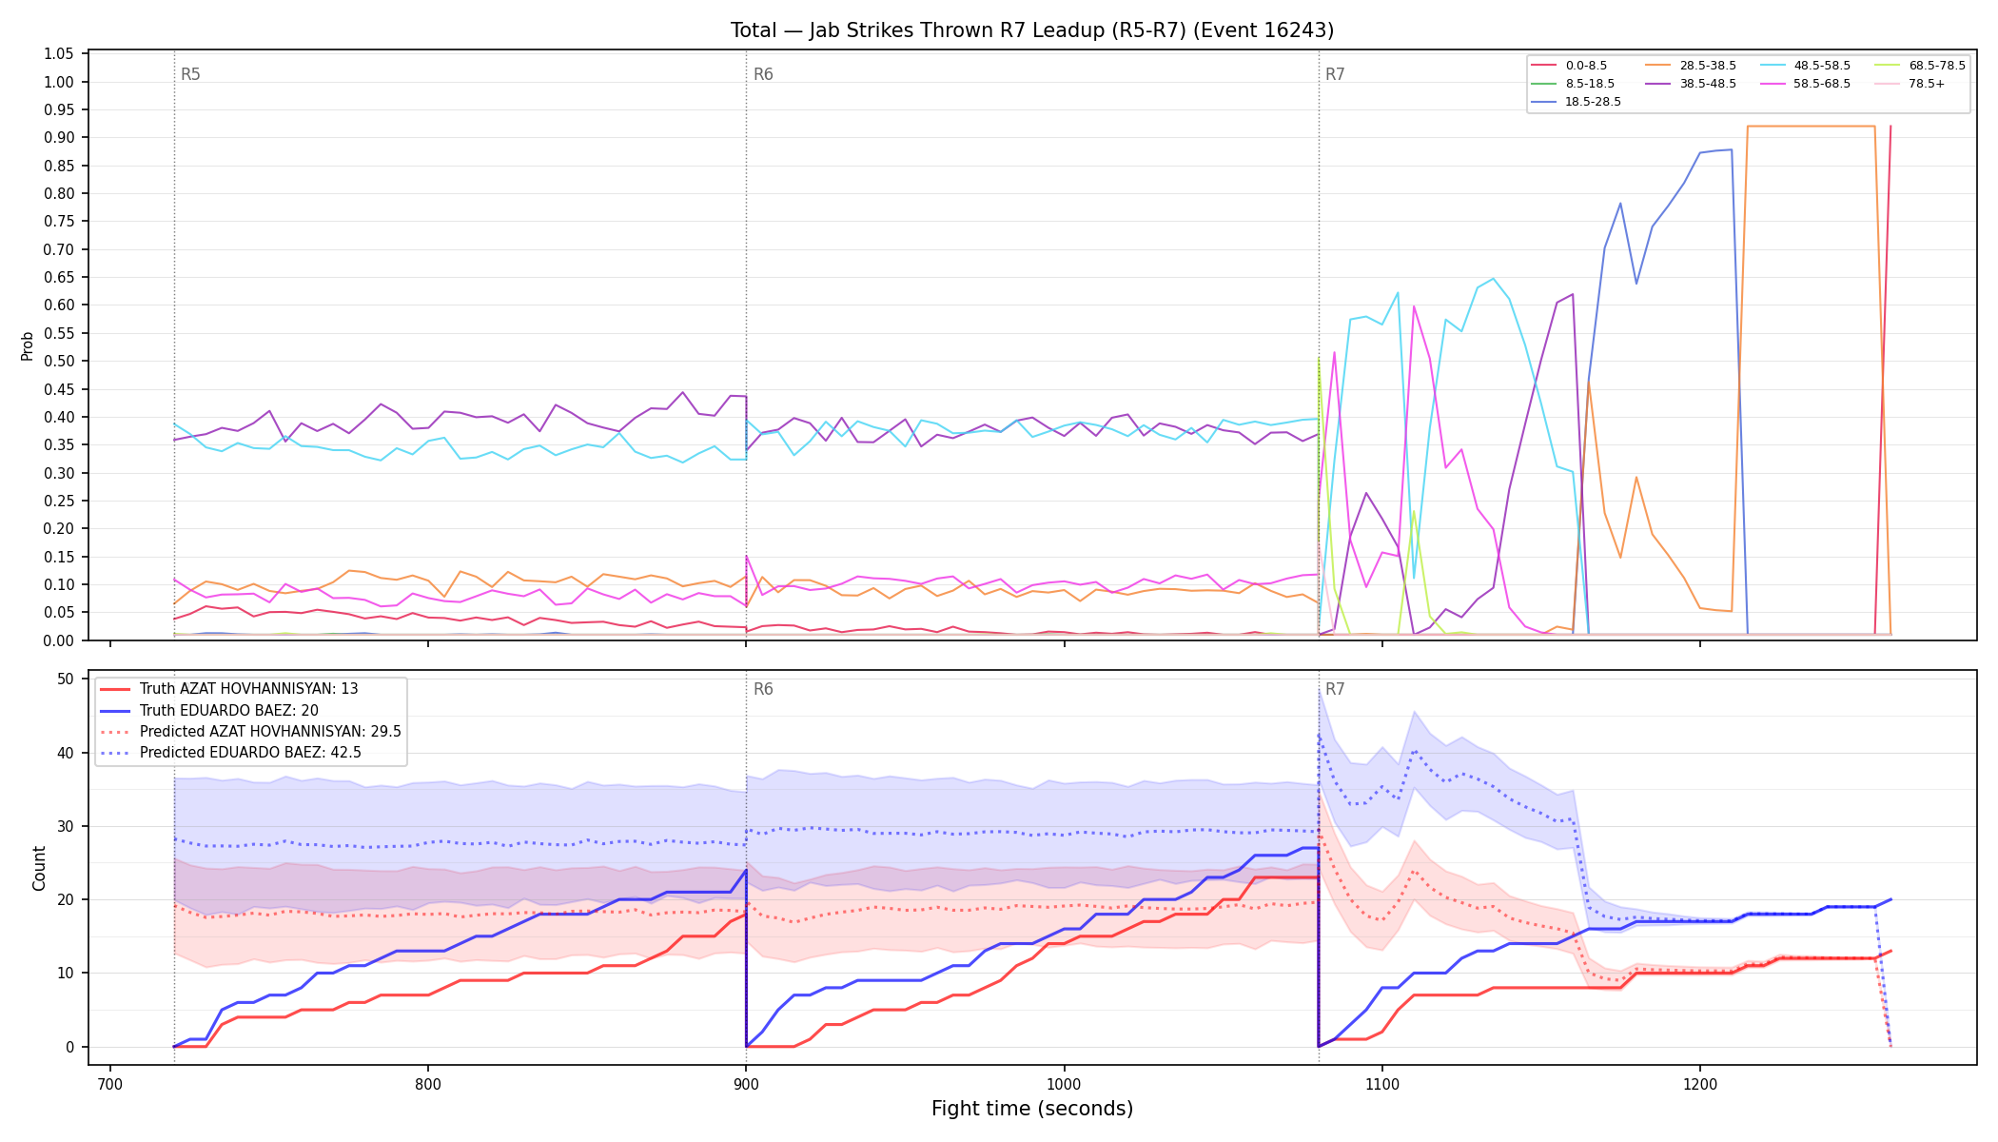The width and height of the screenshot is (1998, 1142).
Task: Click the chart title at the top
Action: point(1032,30)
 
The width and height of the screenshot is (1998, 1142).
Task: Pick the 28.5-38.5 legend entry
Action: point(1691,66)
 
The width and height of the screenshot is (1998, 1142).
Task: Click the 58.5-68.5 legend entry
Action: point(1805,84)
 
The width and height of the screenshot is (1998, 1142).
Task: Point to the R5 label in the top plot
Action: point(190,74)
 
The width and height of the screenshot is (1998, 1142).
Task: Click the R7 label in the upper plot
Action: point(1335,74)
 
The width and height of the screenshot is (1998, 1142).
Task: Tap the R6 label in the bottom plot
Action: point(763,689)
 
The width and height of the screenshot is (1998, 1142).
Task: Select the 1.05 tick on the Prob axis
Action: point(59,54)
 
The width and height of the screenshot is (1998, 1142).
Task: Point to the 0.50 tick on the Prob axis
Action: point(59,362)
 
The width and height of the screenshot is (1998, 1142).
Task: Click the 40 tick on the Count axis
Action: point(66,753)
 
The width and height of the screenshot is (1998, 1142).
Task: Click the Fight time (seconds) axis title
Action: point(1032,1109)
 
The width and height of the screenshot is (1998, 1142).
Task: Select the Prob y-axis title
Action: point(28,345)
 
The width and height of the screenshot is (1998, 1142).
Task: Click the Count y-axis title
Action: point(39,868)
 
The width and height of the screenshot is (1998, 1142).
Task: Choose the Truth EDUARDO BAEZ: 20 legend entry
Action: point(228,711)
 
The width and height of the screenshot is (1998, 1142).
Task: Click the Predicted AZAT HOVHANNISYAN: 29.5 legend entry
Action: point(250,732)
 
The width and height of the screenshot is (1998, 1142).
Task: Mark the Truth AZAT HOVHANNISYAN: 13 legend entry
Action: point(229,689)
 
